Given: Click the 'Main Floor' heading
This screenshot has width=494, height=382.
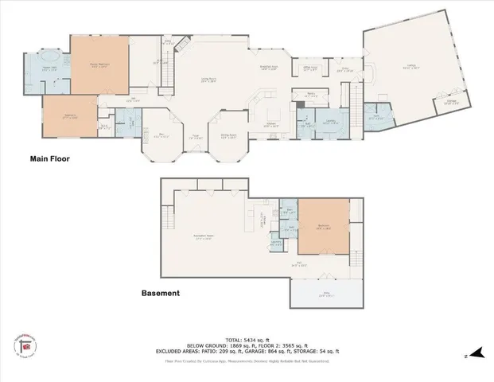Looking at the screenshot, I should (x=50, y=159).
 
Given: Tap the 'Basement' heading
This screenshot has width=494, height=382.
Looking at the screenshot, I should (x=160, y=293).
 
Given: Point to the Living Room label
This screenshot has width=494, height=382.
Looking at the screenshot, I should (x=208, y=81).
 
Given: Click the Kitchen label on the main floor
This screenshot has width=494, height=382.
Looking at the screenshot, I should (x=270, y=123).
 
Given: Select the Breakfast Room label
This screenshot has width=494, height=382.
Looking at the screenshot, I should (x=269, y=68).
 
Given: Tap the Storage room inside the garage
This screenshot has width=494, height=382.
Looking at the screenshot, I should (x=450, y=103).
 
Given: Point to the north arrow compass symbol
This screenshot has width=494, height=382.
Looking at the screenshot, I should (x=476, y=353).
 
